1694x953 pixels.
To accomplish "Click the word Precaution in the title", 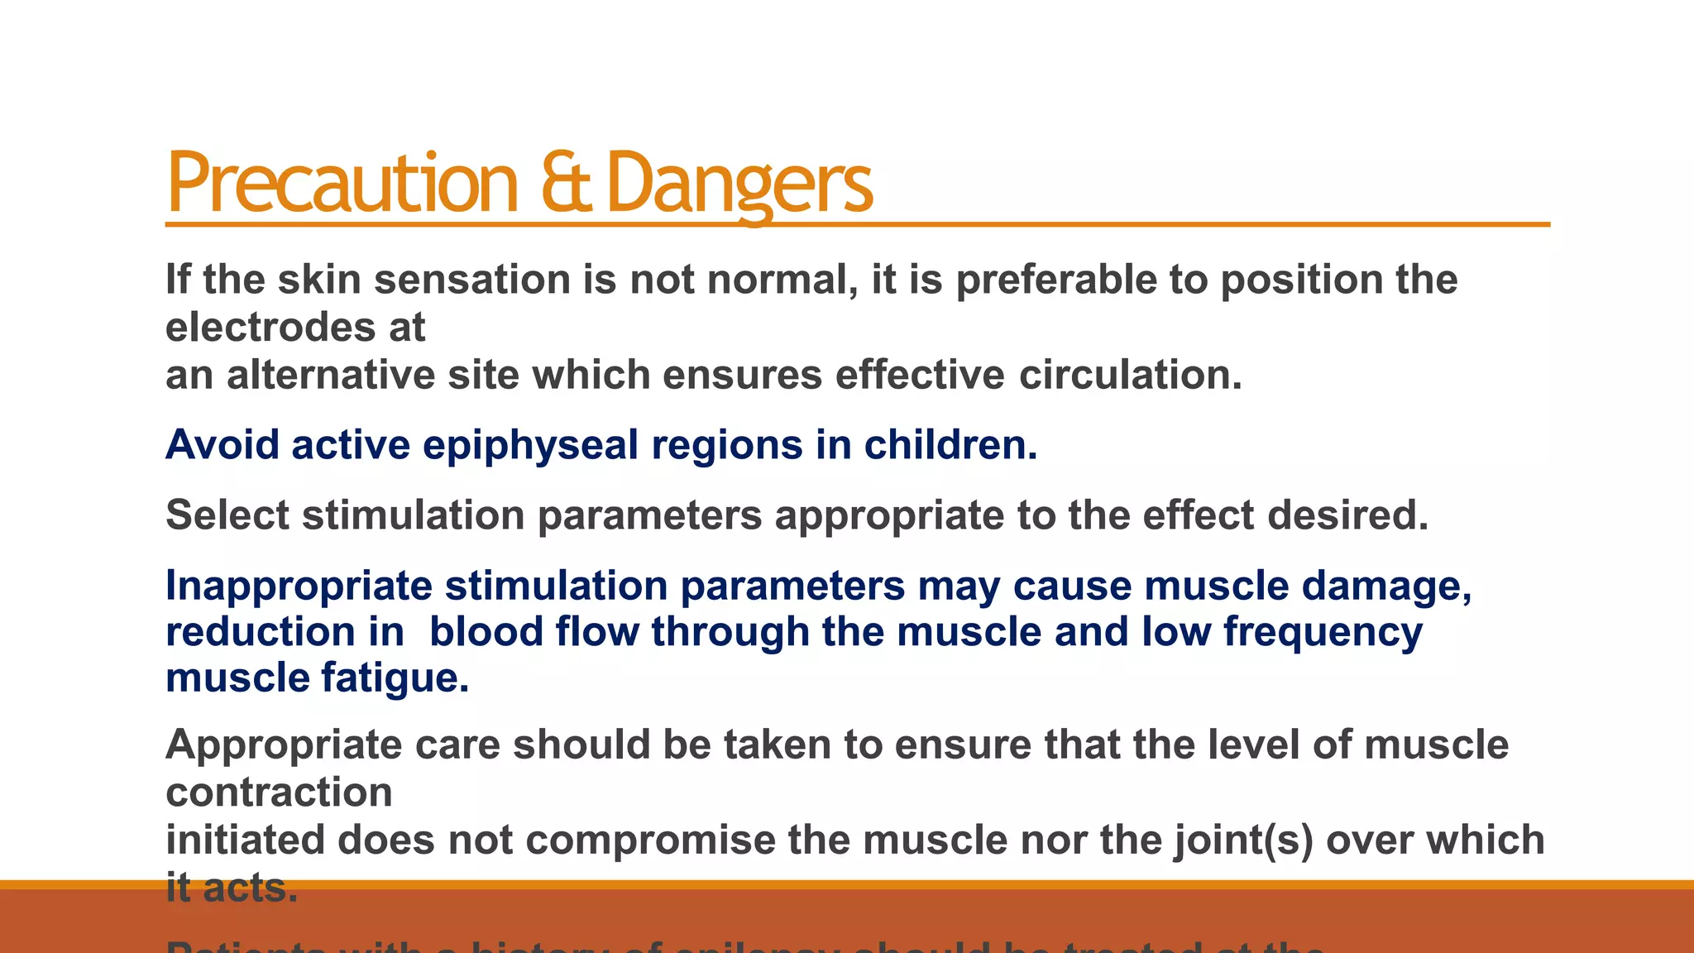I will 342,184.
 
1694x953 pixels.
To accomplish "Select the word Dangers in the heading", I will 739,184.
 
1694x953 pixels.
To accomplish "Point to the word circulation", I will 1130,375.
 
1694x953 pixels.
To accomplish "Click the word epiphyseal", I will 530,446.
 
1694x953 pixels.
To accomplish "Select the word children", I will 950,445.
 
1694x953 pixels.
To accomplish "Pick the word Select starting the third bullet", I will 227,515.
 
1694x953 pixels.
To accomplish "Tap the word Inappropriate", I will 299,587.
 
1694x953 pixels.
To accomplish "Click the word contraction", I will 279,793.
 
